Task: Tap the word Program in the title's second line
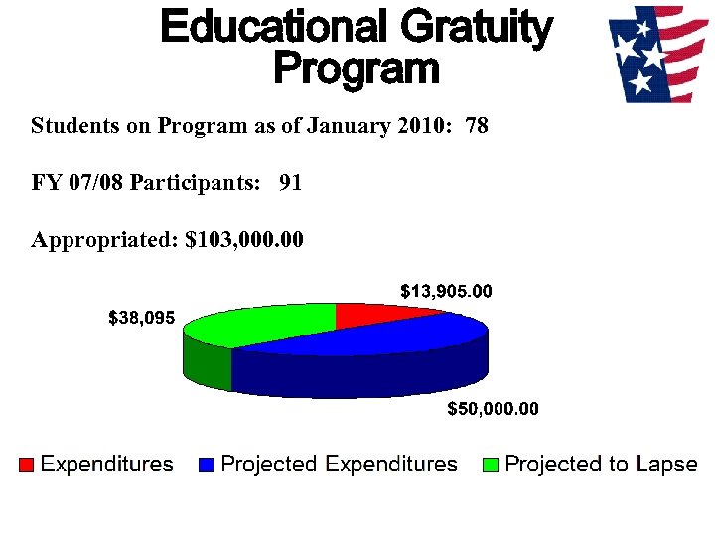(x=355, y=69)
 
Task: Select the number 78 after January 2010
(x=477, y=127)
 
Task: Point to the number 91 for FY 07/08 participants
(x=291, y=184)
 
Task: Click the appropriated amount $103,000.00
(x=244, y=240)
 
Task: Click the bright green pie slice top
(x=263, y=323)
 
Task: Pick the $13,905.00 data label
(x=446, y=291)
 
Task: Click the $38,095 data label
(x=141, y=319)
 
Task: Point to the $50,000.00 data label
(x=493, y=409)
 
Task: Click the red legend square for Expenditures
(x=27, y=465)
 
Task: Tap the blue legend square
(x=207, y=465)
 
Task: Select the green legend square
(x=491, y=465)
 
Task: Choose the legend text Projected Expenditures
(x=339, y=465)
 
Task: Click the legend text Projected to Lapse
(x=601, y=465)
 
